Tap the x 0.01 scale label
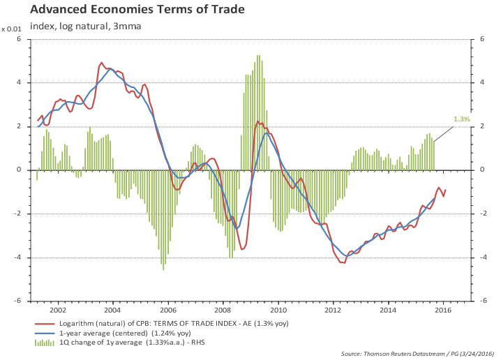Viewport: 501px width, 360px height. pyautogui.click(x=12, y=29)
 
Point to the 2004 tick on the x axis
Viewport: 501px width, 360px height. pyautogui.click(x=112, y=308)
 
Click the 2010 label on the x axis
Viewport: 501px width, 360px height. pyautogui.click(x=278, y=308)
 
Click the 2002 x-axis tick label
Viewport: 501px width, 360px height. pyautogui.click(x=57, y=308)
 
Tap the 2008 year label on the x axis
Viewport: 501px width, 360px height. pyautogui.click(x=223, y=308)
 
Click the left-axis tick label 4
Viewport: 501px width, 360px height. pyautogui.click(x=20, y=82)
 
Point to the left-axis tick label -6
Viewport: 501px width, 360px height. pyautogui.click(x=18, y=301)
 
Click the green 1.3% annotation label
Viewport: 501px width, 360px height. pyautogui.click(x=462, y=119)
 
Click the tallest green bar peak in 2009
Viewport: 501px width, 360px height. pyautogui.click(x=258, y=56)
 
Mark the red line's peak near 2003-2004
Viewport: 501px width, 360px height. pyautogui.click(x=102, y=63)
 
